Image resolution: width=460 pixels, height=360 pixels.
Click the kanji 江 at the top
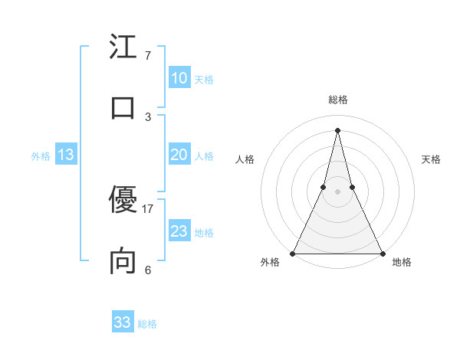pos(123,47)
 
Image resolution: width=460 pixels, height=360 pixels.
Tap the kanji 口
pos(123,106)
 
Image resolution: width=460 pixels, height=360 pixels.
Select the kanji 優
pos(123,201)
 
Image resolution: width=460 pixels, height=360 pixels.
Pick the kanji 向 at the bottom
pos(123,261)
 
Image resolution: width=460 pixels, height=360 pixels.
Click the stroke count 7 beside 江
pos(147,56)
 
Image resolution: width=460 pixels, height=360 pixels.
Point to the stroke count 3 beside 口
pos(147,116)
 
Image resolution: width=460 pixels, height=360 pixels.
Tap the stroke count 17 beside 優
pos(148,209)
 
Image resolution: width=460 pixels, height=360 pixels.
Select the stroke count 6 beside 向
pos(147,270)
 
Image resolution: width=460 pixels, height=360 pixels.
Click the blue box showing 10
pos(179,78)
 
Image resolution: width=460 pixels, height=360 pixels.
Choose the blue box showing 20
pos(179,155)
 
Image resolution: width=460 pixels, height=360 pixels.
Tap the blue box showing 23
pos(179,231)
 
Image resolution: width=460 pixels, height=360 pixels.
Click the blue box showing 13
pos(65,155)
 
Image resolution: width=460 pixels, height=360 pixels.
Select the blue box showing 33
pos(123,322)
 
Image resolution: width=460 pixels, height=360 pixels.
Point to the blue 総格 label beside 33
pos(147,324)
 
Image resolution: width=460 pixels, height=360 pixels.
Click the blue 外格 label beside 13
pos(41,156)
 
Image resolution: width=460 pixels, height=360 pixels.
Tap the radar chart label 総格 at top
pos(337,100)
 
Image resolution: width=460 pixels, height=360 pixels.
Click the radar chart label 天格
pos(431,159)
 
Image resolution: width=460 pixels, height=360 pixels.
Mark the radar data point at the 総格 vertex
pos(337,129)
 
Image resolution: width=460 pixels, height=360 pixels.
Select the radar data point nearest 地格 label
pos(382,253)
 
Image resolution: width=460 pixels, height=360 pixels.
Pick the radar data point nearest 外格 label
pos(293,253)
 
